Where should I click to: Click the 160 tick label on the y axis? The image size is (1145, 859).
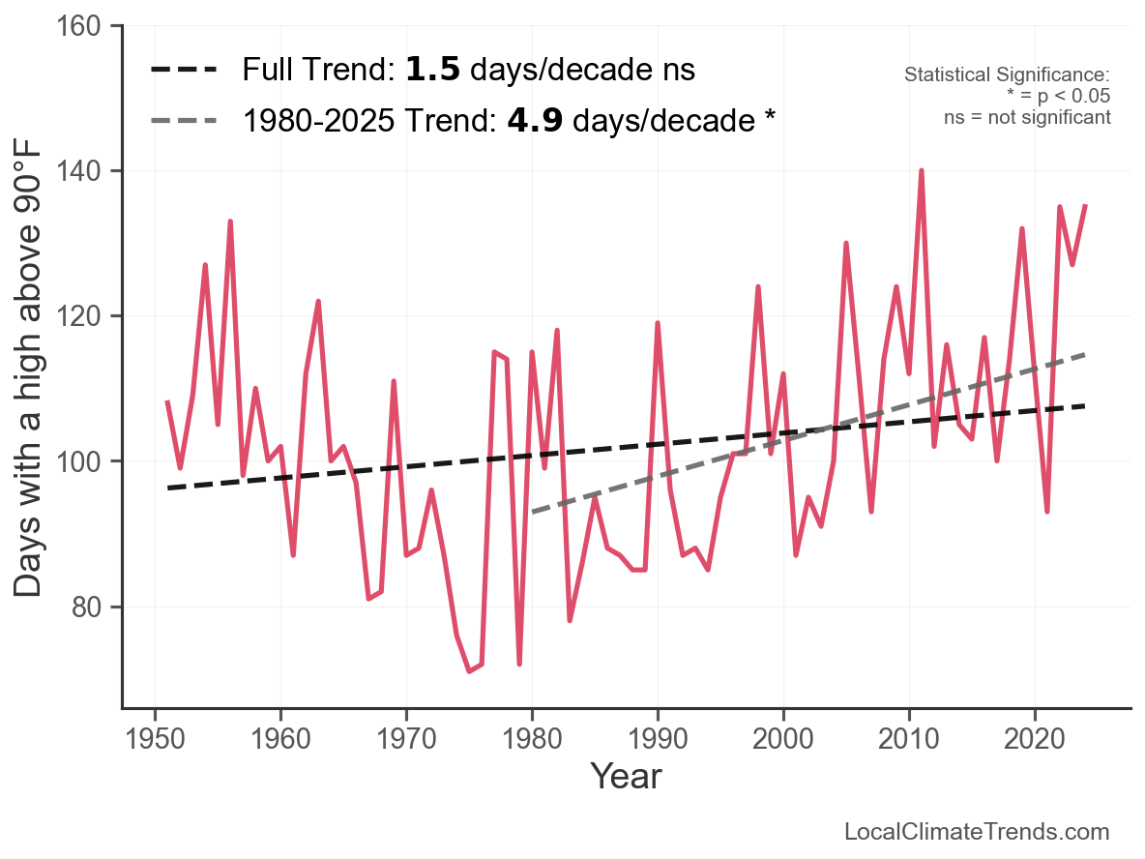point(82,26)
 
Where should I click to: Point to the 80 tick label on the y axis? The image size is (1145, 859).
point(90,607)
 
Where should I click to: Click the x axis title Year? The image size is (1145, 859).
point(626,776)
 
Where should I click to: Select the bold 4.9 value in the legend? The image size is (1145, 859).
point(535,121)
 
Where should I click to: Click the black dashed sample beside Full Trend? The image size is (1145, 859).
point(187,70)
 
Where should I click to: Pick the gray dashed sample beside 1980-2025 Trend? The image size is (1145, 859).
point(187,121)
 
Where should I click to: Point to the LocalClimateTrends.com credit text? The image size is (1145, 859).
point(977,832)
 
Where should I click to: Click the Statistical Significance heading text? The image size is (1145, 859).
point(1006,75)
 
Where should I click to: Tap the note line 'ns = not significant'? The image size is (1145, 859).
point(1027,117)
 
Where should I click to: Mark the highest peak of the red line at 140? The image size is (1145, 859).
point(922,171)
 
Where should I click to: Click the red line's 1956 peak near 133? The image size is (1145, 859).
point(230,222)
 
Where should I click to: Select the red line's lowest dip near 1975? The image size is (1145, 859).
point(469,671)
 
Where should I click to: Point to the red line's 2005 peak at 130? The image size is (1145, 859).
point(846,244)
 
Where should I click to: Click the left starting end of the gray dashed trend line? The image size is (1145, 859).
point(533,512)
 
